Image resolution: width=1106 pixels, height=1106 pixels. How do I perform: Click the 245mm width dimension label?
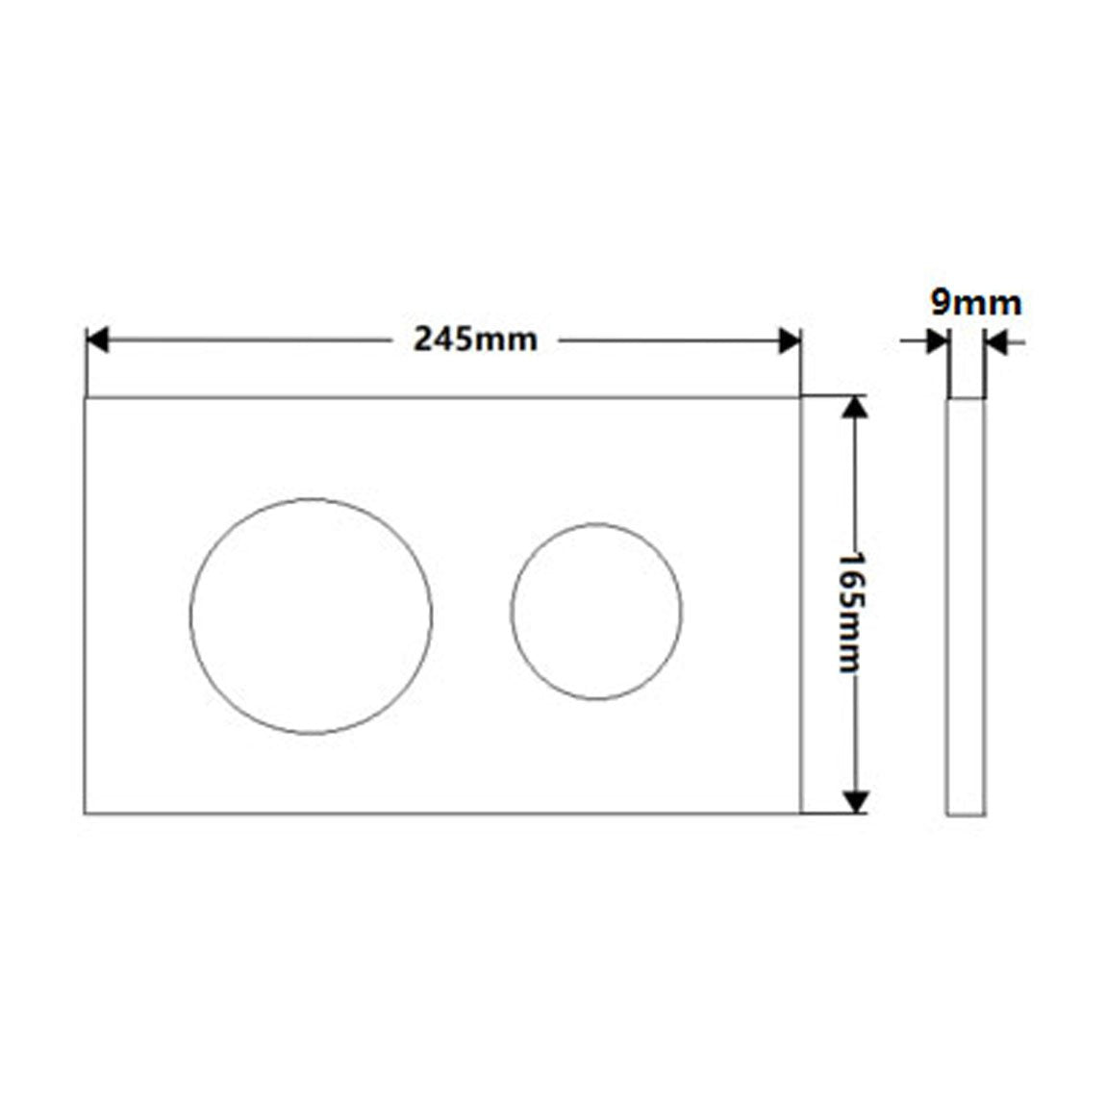coord(475,340)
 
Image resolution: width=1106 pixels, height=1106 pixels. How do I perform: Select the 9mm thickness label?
coord(976,303)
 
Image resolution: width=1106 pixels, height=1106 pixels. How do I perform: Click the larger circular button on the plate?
coord(190,616)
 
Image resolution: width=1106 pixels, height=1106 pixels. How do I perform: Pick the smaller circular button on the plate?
coord(512,612)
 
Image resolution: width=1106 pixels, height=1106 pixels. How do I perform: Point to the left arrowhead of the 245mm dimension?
coord(96,340)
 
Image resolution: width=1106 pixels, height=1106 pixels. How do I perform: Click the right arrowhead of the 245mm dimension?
coord(790,340)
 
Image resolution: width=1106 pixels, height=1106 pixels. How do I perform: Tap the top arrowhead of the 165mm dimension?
coord(855,407)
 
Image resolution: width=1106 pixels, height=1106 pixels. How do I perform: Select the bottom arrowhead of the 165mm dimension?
coord(855,803)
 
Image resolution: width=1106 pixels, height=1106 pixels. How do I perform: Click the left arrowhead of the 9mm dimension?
coord(938,342)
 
